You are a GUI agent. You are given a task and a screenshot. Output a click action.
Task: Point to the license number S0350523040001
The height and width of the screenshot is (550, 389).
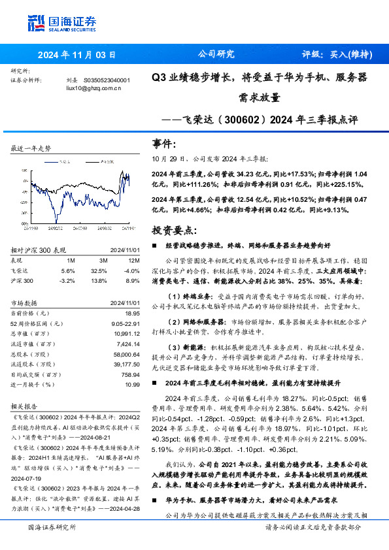coord(107,80)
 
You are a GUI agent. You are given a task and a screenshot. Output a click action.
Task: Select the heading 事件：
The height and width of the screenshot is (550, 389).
coord(165,143)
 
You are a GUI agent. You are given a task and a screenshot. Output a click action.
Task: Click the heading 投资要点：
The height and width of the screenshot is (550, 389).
coord(173,231)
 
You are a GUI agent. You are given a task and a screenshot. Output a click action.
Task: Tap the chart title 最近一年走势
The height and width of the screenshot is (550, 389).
coord(31,149)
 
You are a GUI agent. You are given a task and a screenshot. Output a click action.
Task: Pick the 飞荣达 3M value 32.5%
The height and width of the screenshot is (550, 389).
coord(99,270)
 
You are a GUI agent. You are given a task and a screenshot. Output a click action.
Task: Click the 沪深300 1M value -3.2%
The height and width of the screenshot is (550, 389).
coord(67,280)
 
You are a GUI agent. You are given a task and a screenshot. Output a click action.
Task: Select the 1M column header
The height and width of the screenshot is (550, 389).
coord(70,261)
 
